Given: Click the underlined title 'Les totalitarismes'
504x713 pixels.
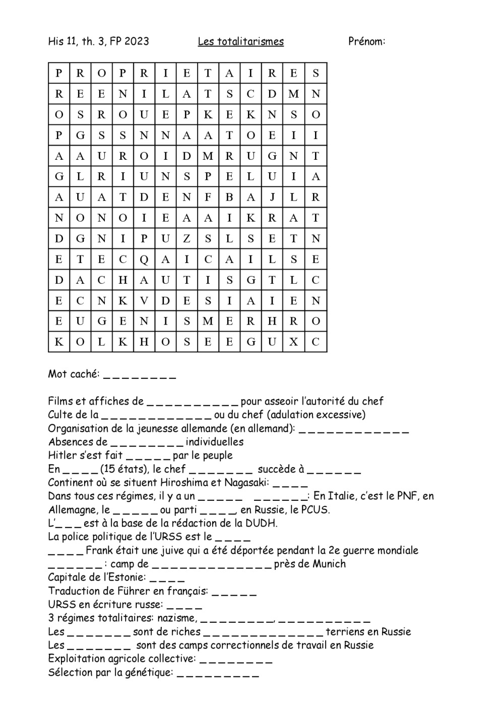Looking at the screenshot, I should [240, 41].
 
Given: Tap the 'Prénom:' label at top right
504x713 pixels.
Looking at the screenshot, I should [366, 41].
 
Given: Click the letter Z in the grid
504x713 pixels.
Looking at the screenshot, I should [186, 239].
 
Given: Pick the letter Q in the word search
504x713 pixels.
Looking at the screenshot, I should [144, 260].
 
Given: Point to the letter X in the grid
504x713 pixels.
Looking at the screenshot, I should [294, 342].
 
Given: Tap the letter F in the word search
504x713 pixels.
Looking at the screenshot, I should [208, 198].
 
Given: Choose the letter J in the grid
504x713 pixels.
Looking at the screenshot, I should [272, 198].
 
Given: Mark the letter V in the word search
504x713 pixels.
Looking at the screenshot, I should [144, 301].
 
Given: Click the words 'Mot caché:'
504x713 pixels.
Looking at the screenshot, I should [74, 374].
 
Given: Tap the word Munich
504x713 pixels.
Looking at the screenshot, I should [329, 564].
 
